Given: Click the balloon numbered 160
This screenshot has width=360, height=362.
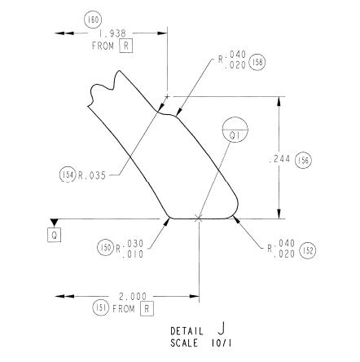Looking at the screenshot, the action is pos(93,20).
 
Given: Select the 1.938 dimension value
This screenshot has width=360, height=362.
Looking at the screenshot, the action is pos(112,33).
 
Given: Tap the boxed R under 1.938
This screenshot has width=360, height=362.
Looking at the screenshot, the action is pos(126,46).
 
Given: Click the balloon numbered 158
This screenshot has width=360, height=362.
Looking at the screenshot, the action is pos(257,62).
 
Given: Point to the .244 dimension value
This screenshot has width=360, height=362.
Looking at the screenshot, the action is pos(279,160).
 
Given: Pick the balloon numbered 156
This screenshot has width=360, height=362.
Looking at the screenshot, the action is pos(303,161).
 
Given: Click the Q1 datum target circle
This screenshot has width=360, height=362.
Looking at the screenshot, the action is pos(235,130).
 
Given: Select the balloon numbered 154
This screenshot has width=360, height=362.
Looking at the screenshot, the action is pos(68,174).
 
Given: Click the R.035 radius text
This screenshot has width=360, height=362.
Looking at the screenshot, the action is pos(92,175).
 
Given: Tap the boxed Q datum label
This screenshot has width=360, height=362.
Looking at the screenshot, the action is pos(55,235).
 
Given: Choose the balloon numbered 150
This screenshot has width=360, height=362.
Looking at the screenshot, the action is pos(105,247).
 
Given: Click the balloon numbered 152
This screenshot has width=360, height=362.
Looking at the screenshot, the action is pos(308,250).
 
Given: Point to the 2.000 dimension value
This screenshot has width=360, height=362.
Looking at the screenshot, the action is pos(133,296).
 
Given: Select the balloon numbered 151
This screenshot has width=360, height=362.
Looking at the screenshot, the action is pos(101,308).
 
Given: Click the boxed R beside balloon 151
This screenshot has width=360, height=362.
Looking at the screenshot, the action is pos(147,309).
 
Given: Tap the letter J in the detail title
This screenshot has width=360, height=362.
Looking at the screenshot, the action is pos(222,329).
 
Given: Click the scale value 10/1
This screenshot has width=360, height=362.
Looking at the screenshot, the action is pos(222,343).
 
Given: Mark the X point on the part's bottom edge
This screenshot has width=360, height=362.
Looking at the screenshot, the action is pos(199,219).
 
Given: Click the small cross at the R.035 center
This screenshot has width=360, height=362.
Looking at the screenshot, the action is pos(167,96).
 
